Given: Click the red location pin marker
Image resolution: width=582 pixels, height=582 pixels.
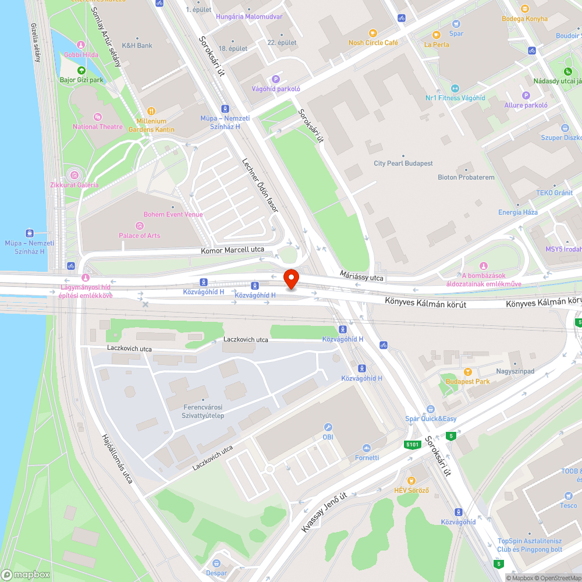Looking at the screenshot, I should click(x=291, y=279).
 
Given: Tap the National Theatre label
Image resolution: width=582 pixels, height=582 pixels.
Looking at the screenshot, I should click(x=97, y=126).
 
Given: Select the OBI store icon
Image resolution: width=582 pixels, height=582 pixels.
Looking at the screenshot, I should click(x=328, y=427).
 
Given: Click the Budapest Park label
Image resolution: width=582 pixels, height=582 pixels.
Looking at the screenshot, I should click(x=467, y=381).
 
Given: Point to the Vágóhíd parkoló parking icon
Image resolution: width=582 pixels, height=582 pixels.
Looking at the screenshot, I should click(x=276, y=79).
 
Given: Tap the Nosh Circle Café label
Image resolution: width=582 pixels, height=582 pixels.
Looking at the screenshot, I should click(x=373, y=42).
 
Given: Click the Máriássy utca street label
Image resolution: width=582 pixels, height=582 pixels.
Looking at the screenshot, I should click(x=362, y=275).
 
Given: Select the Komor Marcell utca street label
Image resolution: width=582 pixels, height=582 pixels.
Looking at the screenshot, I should click(x=232, y=250).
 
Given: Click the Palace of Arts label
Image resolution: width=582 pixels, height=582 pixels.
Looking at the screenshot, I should click(x=139, y=235).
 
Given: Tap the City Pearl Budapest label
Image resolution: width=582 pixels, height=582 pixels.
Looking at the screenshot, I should click(x=403, y=164).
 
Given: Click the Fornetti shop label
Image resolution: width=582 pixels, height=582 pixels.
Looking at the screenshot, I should click(x=367, y=457).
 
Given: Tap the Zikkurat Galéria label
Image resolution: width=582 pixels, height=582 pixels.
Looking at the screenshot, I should click(x=74, y=184).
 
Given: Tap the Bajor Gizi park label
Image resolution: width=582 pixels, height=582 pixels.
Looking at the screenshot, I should click(x=81, y=80).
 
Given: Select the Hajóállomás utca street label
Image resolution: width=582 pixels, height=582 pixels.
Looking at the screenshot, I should click(x=116, y=458).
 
